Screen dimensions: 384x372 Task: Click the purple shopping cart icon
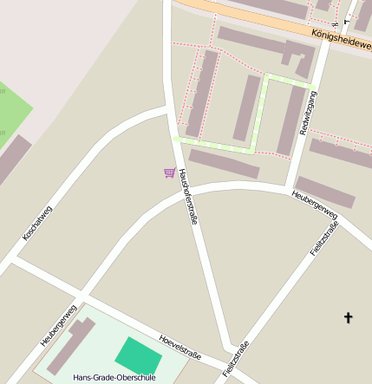point(169,172)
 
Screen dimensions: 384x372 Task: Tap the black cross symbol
point(349,318)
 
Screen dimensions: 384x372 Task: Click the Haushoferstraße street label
point(188,196)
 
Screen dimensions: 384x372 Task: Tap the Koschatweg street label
point(38,222)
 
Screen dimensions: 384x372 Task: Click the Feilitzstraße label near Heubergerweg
point(323,238)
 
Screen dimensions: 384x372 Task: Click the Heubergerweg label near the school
point(59,326)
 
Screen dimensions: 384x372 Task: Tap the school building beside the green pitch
point(71,345)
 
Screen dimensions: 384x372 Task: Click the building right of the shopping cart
point(224,163)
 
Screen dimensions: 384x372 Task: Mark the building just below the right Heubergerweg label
point(325,192)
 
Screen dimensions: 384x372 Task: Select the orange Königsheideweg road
point(260,19)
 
